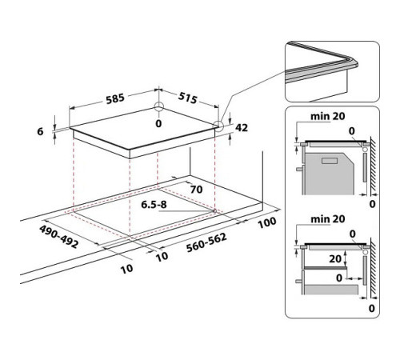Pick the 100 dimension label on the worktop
266,220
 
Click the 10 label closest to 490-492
126,269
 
